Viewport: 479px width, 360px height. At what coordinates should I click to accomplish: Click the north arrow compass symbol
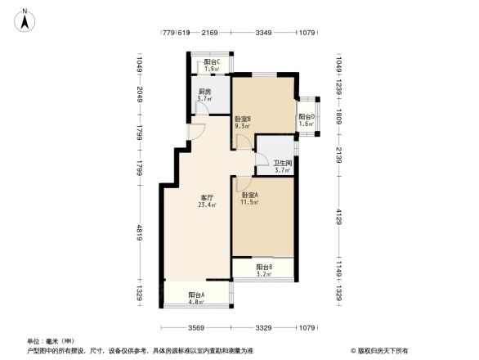(x=26, y=20)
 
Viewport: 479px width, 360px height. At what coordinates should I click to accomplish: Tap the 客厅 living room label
(x=208, y=198)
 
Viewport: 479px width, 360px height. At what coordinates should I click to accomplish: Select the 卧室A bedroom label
(x=250, y=195)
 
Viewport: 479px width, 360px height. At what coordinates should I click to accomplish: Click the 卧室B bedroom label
(x=242, y=119)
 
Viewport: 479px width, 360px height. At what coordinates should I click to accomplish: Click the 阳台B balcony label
(x=263, y=268)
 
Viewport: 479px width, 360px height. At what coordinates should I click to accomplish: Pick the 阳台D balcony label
(x=307, y=116)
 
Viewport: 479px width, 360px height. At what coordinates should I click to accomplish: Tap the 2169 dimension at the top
(x=210, y=33)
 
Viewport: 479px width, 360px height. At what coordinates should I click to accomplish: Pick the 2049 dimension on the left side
(x=139, y=97)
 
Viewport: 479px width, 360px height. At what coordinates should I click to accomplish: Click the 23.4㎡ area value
(x=207, y=205)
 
